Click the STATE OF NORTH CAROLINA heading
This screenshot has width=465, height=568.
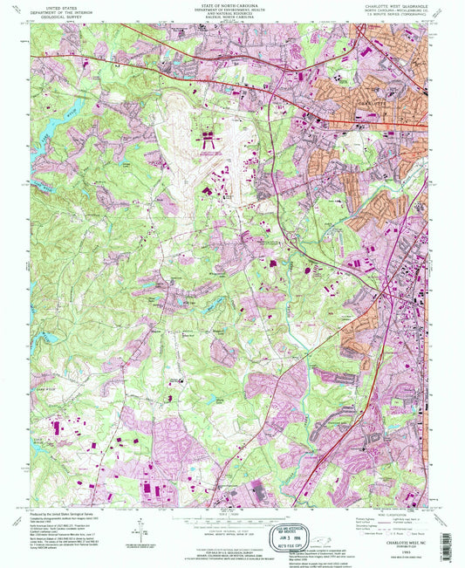pyautogui.click(x=231, y=4)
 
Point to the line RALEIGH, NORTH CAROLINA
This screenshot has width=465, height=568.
pyautogui.click(x=231, y=19)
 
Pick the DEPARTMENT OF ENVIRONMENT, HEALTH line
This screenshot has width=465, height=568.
pyautogui.click(x=231, y=10)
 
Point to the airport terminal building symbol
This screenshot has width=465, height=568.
pyautogui.click(x=210, y=137)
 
